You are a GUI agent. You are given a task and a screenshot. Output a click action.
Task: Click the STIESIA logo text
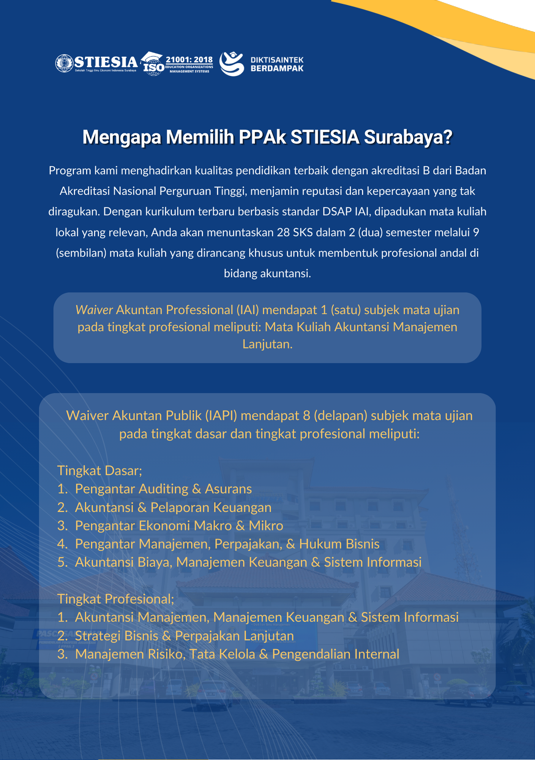tap(106, 62)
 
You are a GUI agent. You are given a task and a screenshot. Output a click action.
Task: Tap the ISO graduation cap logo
tap(153, 63)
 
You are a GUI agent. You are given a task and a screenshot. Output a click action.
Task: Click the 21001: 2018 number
tap(189, 60)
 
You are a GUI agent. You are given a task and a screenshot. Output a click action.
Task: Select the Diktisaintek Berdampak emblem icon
tap(232, 64)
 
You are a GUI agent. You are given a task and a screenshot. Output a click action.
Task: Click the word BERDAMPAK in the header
tap(277, 68)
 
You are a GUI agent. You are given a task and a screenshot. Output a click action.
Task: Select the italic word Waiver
tap(94, 310)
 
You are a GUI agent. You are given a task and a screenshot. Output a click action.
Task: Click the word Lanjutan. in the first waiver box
tap(267, 344)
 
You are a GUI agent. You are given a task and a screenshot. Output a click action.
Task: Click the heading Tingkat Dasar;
tap(99, 470)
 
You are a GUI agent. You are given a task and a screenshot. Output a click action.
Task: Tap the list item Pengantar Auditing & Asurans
tap(163, 489)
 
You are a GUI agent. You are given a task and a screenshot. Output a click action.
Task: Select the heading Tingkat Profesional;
tap(115, 599)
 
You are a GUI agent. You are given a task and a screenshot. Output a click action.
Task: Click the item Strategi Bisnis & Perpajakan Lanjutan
tap(184, 636)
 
